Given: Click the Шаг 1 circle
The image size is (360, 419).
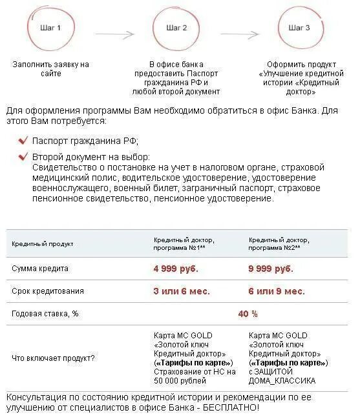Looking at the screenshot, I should pos(50,29).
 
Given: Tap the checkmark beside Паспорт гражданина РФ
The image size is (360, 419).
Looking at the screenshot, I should pos(23,141).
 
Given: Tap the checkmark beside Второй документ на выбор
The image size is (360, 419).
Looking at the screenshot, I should pos(23,157).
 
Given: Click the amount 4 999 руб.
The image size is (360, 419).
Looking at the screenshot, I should pos(176,269).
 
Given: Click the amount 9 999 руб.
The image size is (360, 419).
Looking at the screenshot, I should pos(271,269).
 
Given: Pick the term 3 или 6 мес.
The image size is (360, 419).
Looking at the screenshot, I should pos(182,291).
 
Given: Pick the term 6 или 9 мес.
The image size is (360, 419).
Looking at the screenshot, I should pos(277,291).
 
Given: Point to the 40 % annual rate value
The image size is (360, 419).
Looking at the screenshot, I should pos(248,314).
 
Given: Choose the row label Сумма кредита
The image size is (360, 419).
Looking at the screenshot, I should pos(40,269).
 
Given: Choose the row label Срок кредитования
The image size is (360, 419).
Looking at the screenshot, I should pos(48,291).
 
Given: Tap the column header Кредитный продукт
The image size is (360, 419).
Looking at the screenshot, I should pos(43,244).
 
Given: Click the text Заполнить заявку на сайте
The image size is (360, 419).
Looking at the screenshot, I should pos(50,69).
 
